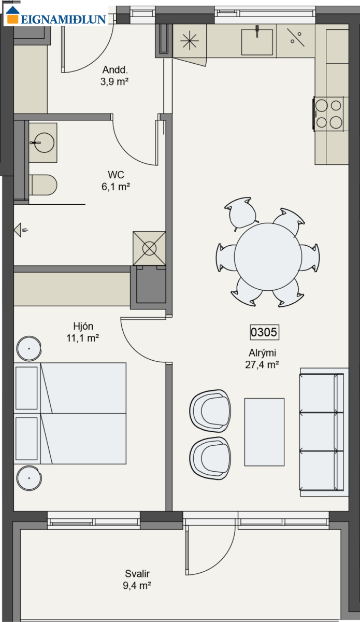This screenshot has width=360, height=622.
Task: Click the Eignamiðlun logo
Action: (x=56, y=16)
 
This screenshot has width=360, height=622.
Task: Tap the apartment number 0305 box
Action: (x=264, y=332)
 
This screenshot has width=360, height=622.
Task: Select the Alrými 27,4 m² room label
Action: (x=262, y=359)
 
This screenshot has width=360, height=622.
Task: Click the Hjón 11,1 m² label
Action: (x=83, y=332)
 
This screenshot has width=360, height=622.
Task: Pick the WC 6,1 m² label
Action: (x=116, y=180)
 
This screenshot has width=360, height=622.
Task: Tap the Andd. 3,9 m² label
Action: (x=114, y=76)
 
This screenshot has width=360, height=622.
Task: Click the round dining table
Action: (x=268, y=257)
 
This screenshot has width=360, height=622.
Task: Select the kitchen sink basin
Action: (x=257, y=42)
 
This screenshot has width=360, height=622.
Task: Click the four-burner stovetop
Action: (x=328, y=114)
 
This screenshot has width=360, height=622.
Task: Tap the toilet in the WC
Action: (x=43, y=185)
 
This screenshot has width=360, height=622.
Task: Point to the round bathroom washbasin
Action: (x=44, y=143)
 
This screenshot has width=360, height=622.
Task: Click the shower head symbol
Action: (x=20, y=230)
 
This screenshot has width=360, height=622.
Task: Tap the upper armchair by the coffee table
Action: (x=210, y=411)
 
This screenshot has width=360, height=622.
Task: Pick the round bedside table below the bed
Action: (x=29, y=478)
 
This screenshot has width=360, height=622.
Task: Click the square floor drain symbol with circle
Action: (x=149, y=248)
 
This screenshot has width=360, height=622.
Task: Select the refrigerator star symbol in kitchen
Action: (x=190, y=41)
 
